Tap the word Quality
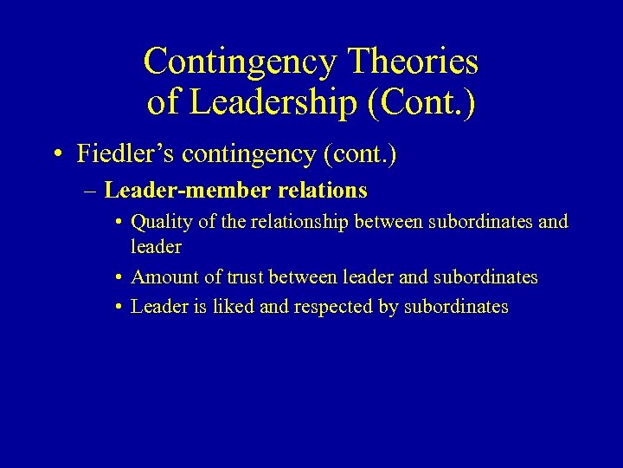(161, 222)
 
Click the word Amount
(164, 277)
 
